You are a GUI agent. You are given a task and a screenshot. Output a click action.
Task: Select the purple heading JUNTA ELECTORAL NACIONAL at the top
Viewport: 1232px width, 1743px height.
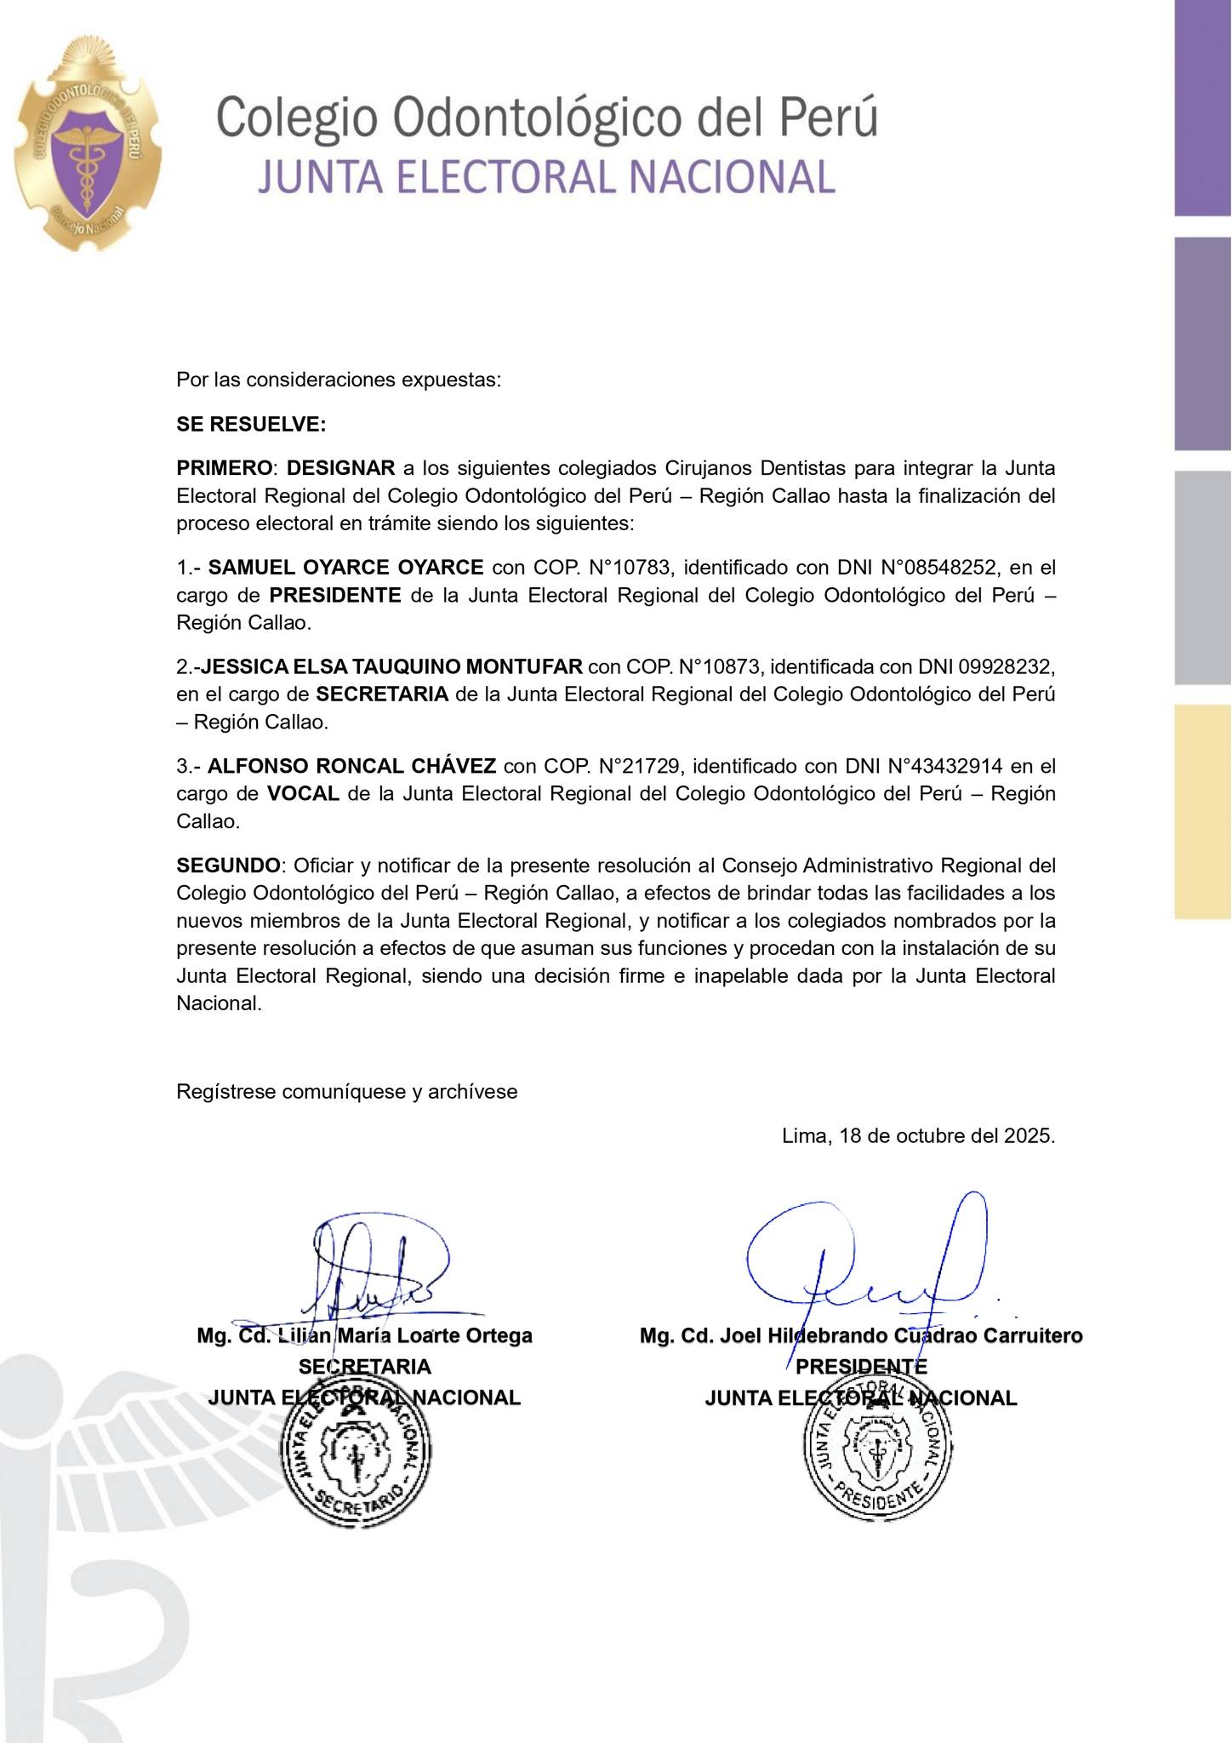click(x=545, y=178)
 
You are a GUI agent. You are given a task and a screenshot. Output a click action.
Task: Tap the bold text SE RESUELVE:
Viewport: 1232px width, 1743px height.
click(x=251, y=424)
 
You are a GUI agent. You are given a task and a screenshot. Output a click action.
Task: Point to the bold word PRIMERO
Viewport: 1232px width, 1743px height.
click(x=225, y=468)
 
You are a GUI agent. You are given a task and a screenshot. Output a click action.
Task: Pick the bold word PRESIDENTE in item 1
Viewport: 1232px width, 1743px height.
click(x=335, y=595)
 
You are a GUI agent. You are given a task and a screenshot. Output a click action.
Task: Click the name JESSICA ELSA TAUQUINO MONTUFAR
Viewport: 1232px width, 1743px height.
click(x=391, y=666)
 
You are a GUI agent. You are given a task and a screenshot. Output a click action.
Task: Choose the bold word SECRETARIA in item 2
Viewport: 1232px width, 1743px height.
click(x=382, y=694)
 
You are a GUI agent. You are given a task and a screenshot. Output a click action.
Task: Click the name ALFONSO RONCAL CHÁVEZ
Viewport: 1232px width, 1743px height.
click(x=352, y=766)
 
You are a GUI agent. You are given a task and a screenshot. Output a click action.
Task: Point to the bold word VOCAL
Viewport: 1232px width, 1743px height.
click(x=303, y=794)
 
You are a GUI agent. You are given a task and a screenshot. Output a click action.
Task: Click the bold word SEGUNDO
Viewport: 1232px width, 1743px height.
click(x=228, y=866)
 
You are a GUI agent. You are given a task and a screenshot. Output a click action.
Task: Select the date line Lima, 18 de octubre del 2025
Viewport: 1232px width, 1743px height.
click(x=918, y=1136)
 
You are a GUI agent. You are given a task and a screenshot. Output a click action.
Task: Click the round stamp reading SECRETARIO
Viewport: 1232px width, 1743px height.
click(x=356, y=1460)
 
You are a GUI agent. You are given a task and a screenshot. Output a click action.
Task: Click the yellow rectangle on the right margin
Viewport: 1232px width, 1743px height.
click(x=1202, y=812)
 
